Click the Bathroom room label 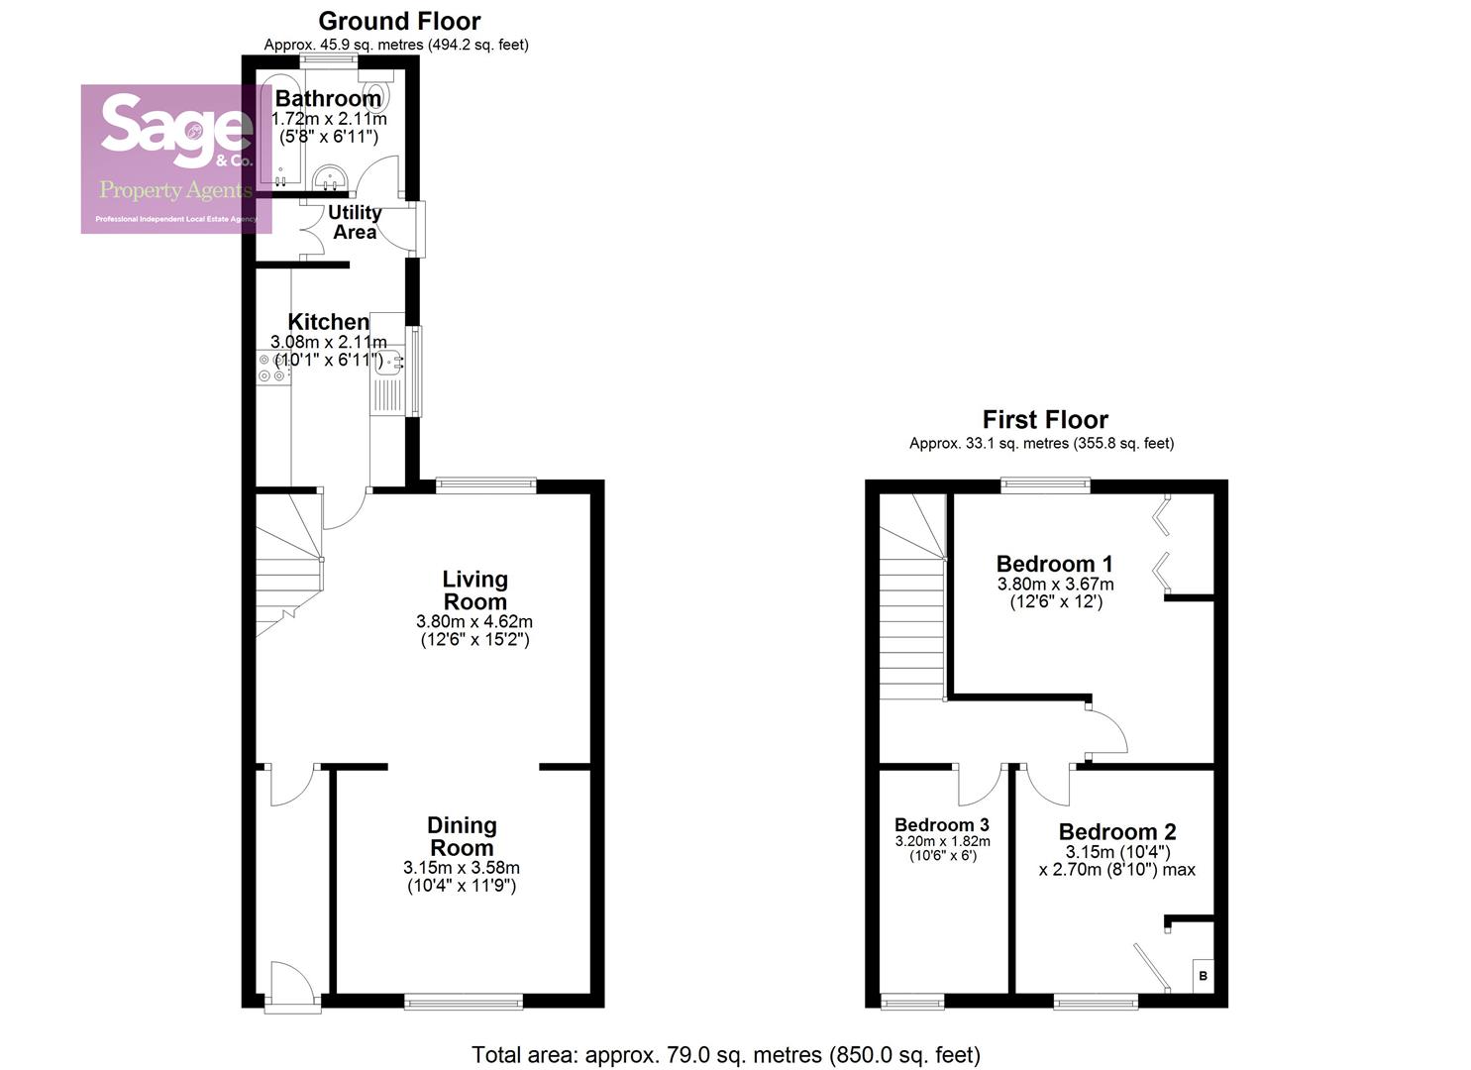click(x=328, y=99)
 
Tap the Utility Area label click(x=355, y=222)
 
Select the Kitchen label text click(x=328, y=322)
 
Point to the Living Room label click(x=474, y=590)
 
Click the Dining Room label click(x=462, y=836)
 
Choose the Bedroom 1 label click(x=1054, y=565)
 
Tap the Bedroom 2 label click(x=1116, y=832)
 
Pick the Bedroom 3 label click(x=941, y=825)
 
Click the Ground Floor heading click(x=399, y=21)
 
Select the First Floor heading click(x=1044, y=420)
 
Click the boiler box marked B click(x=1203, y=976)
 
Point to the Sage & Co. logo click(x=176, y=159)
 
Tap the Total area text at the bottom click(x=725, y=1055)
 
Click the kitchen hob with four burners click(x=273, y=369)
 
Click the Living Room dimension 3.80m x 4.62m click(x=474, y=622)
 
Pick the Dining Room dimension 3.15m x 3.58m click(x=462, y=868)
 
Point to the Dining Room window click(x=464, y=1003)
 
